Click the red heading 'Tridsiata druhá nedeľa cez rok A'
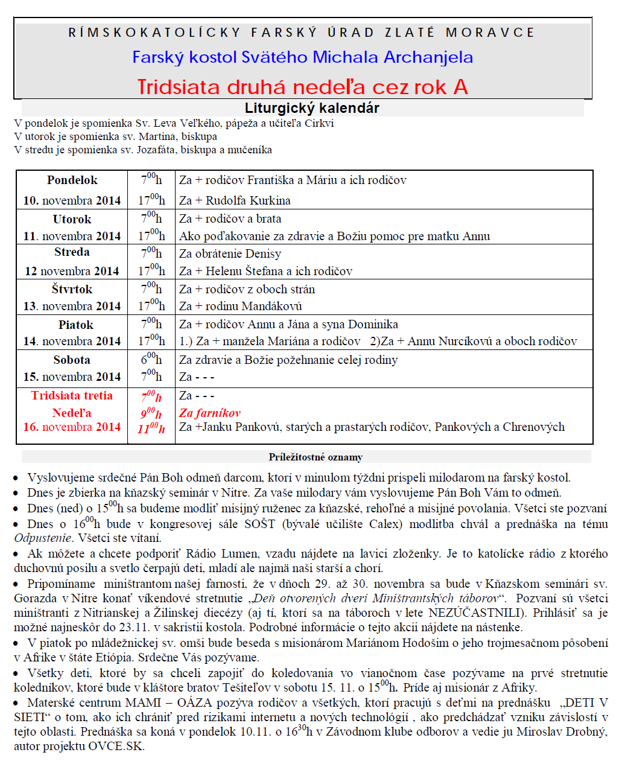(x=302, y=87)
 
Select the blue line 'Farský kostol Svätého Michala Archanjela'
(x=302, y=57)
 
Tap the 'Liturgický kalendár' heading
(x=312, y=108)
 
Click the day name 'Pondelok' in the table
(x=72, y=180)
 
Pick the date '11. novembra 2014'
(x=72, y=236)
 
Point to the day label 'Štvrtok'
(x=72, y=289)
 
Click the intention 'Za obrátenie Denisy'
(x=230, y=253)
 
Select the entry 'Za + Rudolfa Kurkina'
(x=235, y=200)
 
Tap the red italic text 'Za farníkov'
(x=209, y=413)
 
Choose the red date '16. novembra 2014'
(x=72, y=427)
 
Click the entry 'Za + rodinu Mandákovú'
(x=240, y=306)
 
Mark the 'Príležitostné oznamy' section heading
(x=316, y=457)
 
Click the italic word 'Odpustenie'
(x=43, y=538)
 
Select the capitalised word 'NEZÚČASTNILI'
(x=475, y=613)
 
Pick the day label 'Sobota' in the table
(x=72, y=360)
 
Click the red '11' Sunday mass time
(x=151, y=428)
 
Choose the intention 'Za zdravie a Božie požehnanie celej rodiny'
(x=288, y=360)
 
